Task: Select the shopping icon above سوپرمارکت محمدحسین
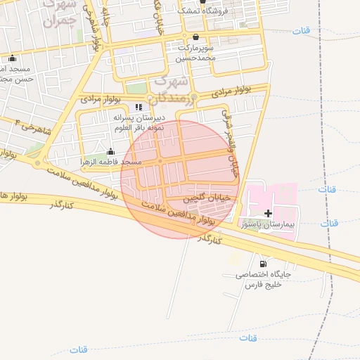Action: tap(195, 37)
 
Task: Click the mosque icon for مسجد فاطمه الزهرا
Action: tap(110, 151)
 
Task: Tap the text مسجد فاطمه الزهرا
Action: tap(112, 162)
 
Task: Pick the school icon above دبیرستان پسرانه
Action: tap(138, 107)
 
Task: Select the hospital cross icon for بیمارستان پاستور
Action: tap(268, 213)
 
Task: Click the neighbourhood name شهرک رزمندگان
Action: tap(172, 88)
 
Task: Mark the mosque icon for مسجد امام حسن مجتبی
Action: tap(13, 59)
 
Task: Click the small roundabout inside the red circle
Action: tap(160, 162)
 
